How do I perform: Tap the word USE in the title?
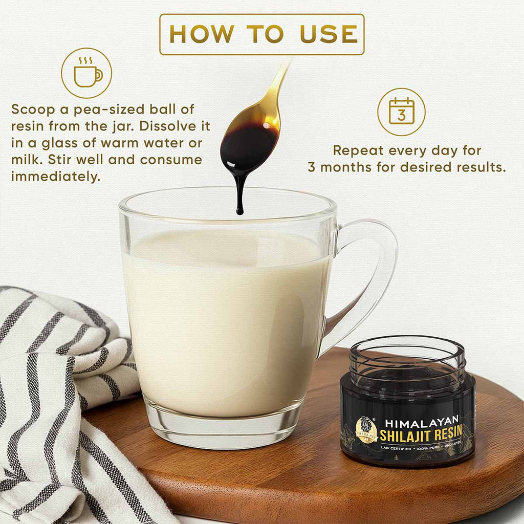(x=325, y=34)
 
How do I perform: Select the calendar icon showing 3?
(x=401, y=111)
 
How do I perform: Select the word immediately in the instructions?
(x=55, y=177)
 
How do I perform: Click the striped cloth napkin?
(x=56, y=389)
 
